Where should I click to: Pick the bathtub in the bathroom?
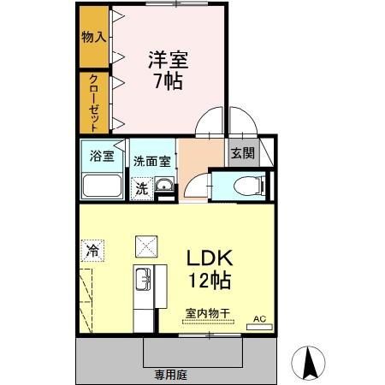point(101,186)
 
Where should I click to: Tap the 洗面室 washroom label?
point(151,161)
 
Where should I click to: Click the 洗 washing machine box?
point(140,188)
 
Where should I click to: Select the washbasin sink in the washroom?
point(163,188)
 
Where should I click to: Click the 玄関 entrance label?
point(241,154)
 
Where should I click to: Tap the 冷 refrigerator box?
point(91,252)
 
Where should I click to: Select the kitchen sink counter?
point(143,287)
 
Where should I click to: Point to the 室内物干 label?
point(206,315)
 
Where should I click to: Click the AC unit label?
point(259,320)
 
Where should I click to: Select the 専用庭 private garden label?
point(171,374)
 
